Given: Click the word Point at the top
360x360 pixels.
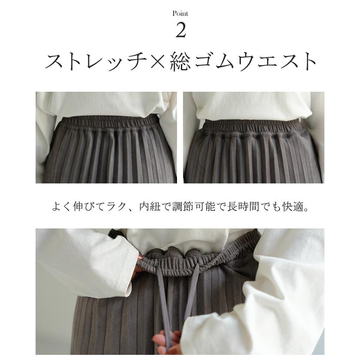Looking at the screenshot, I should (x=180, y=14).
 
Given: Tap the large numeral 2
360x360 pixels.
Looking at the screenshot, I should (x=180, y=30).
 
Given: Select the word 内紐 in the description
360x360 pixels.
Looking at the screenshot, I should (x=149, y=207).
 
